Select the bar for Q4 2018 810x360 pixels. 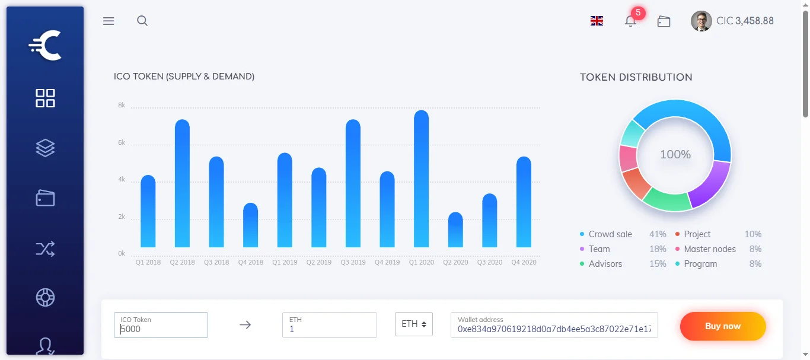[250, 225]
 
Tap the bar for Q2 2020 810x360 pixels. [455, 230]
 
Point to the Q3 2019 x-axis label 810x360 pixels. [353, 262]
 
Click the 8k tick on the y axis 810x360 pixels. [122, 106]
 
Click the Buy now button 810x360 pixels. [723, 326]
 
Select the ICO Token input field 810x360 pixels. [161, 326]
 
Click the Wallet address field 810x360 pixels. [554, 326]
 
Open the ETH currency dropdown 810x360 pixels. [414, 324]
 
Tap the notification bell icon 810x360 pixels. [630, 21]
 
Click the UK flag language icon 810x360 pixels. [597, 21]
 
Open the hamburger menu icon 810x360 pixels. [109, 21]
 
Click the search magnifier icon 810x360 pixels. [142, 21]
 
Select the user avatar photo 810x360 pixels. [701, 21]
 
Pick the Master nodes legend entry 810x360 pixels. [709, 249]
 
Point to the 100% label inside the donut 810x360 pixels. [675, 155]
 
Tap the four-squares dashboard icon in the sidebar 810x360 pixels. [45, 98]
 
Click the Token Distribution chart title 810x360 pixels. [636, 77]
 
